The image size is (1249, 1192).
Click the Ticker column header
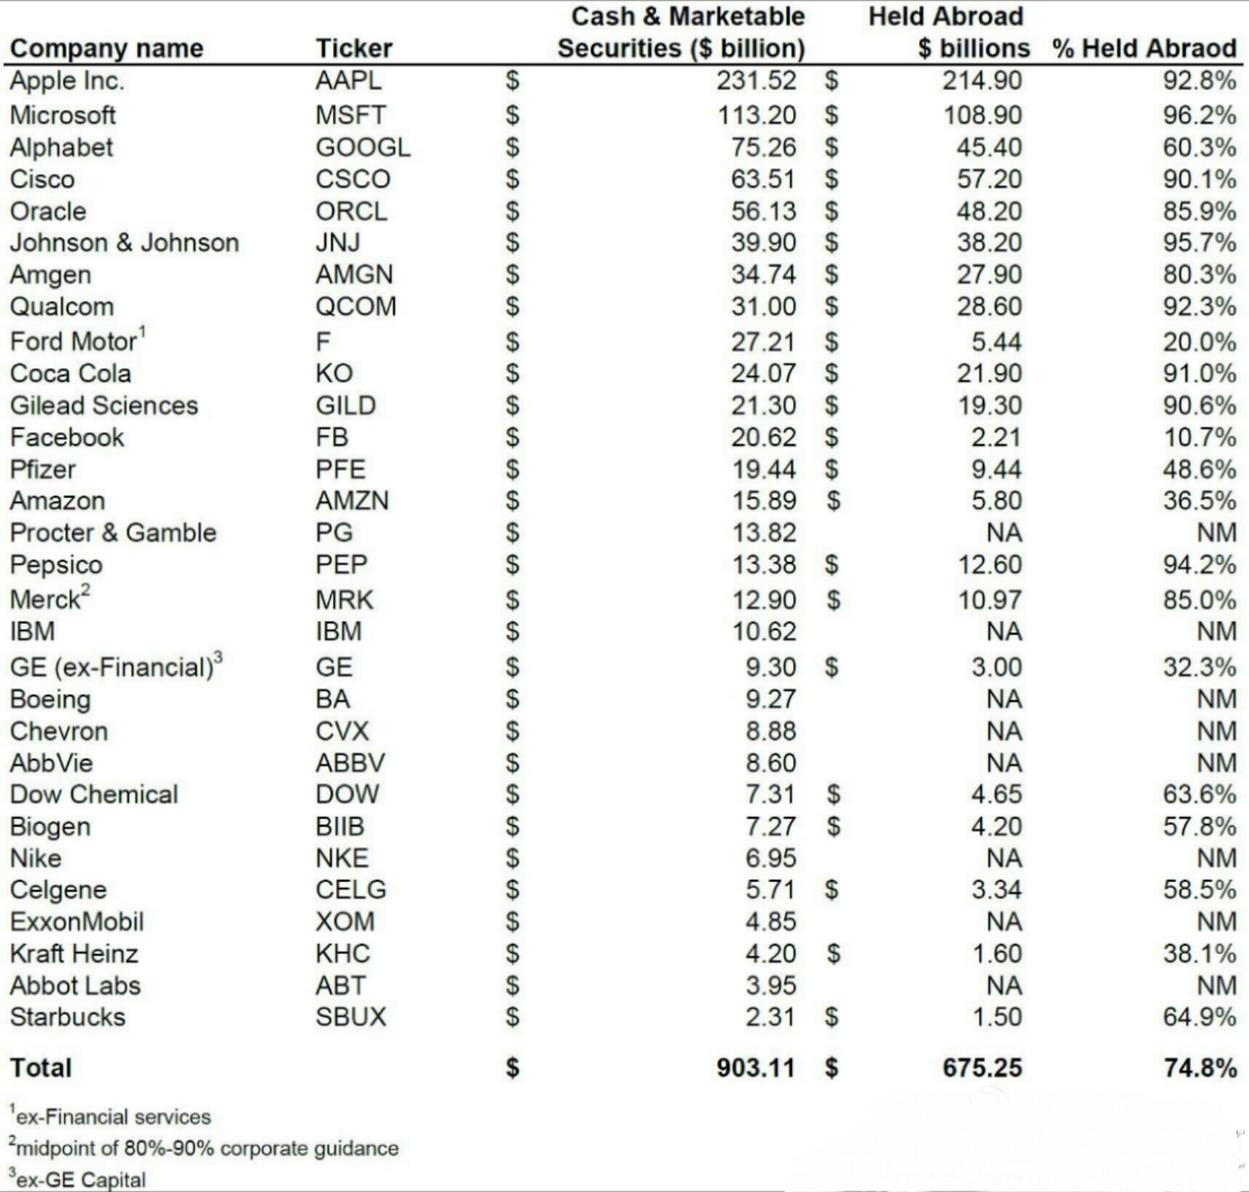(353, 48)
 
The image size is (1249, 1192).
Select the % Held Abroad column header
(1144, 48)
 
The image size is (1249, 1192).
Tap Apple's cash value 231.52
(756, 81)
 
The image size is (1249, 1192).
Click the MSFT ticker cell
(350, 115)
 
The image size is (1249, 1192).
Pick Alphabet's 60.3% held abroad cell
(1199, 147)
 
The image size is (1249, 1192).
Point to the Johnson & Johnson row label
(124, 242)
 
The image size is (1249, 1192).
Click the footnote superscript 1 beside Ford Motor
(143, 332)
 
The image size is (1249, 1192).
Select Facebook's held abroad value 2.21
(996, 437)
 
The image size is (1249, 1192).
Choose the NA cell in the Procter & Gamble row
(1004, 533)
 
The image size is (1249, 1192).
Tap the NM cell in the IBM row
(1216, 631)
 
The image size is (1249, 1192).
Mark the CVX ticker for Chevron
(342, 731)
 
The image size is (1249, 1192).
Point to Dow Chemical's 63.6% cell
(1199, 794)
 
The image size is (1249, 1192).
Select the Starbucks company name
(67, 1017)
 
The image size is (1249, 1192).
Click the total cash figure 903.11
(755, 1068)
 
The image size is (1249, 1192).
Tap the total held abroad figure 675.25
(982, 1068)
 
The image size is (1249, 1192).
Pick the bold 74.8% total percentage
(1199, 1068)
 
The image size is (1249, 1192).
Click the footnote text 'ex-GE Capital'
(80, 1180)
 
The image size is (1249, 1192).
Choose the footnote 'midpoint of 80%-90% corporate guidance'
(207, 1148)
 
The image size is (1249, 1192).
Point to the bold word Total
(41, 1068)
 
